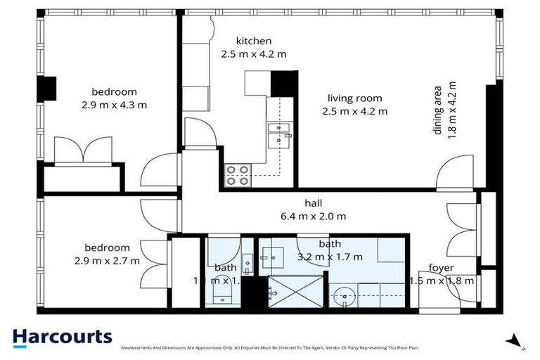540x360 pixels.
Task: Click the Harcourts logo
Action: coord(62,337)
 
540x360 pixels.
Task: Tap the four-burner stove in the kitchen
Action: coord(238,174)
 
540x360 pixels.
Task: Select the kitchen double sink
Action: coord(280,134)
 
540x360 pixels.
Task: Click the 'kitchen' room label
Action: coord(253,41)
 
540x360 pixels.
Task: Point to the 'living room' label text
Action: coord(354,98)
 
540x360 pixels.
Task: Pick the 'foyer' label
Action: coord(442,268)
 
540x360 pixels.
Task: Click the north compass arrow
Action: coord(517,340)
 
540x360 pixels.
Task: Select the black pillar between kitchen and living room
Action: coord(284,83)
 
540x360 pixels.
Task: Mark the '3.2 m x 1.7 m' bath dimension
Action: coord(330,256)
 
